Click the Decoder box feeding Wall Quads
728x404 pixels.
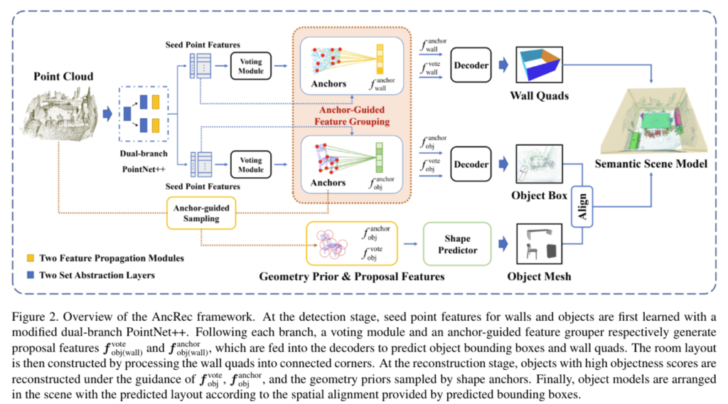[x=470, y=65]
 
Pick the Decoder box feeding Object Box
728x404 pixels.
[x=470, y=165]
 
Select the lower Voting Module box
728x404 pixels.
[x=250, y=165]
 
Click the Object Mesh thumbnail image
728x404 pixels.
[x=543, y=244]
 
